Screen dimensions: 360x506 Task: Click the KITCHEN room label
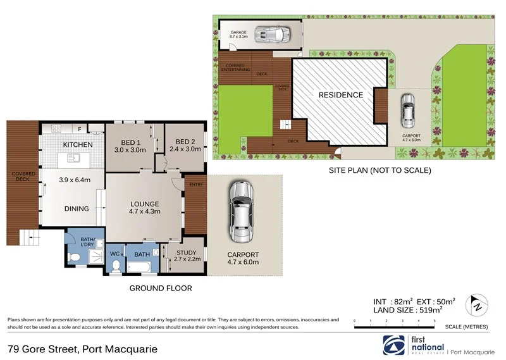tap(78, 145)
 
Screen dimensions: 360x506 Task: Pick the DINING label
tap(77, 208)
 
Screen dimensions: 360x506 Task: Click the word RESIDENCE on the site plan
tap(340, 96)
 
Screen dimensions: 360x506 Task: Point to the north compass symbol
tap(478, 306)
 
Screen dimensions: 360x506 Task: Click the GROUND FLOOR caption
tap(160, 289)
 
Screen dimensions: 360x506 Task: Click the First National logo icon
tap(394, 344)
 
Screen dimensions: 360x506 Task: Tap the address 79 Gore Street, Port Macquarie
tap(82, 349)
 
